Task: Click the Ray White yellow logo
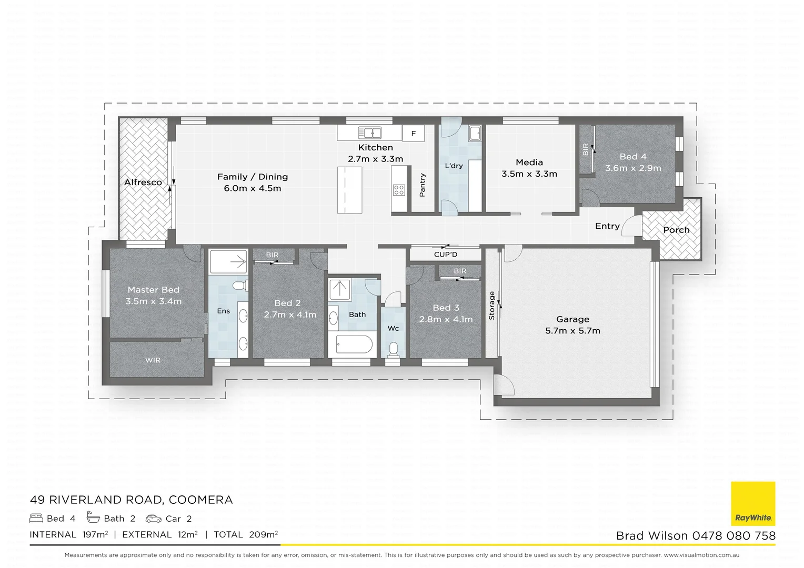coord(753,503)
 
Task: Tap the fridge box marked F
coord(414,134)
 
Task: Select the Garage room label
coord(572,319)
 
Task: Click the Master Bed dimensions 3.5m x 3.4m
coord(153,301)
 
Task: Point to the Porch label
coord(676,230)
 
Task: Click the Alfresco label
coord(143,182)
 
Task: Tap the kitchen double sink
coord(369,133)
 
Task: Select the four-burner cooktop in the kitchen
coord(399,190)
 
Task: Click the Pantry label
coord(422,185)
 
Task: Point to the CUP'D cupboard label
coord(446,255)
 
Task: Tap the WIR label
coord(153,360)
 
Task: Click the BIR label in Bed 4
coord(586,150)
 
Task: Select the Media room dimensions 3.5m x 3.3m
coord(529,174)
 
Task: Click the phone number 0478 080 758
coord(733,536)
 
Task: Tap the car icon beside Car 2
coord(154,519)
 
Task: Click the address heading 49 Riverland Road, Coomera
coord(131,500)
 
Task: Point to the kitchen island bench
coord(350,190)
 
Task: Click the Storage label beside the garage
coord(492,306)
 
